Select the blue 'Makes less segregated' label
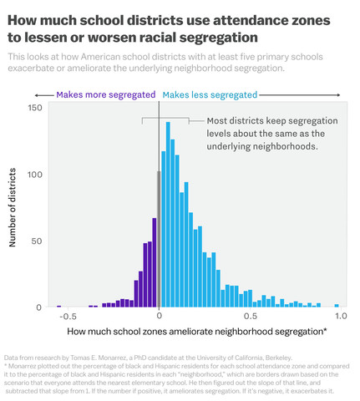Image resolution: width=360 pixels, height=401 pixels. pos(210,95)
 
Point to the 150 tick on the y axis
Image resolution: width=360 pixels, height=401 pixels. pos(34,108)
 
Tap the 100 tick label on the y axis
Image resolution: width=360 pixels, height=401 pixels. pos(34,175)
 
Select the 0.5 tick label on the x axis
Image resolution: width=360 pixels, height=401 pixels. pos(250,317)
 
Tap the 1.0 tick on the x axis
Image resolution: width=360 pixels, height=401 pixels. pos(340,317)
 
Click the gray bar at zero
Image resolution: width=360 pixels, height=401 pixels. pos(158,239)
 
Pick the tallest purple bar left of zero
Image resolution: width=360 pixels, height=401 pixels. pos(154,262)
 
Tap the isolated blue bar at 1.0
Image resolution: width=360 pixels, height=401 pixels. pos(337,306)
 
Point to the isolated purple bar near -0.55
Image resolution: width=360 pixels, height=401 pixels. pos(58,307)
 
